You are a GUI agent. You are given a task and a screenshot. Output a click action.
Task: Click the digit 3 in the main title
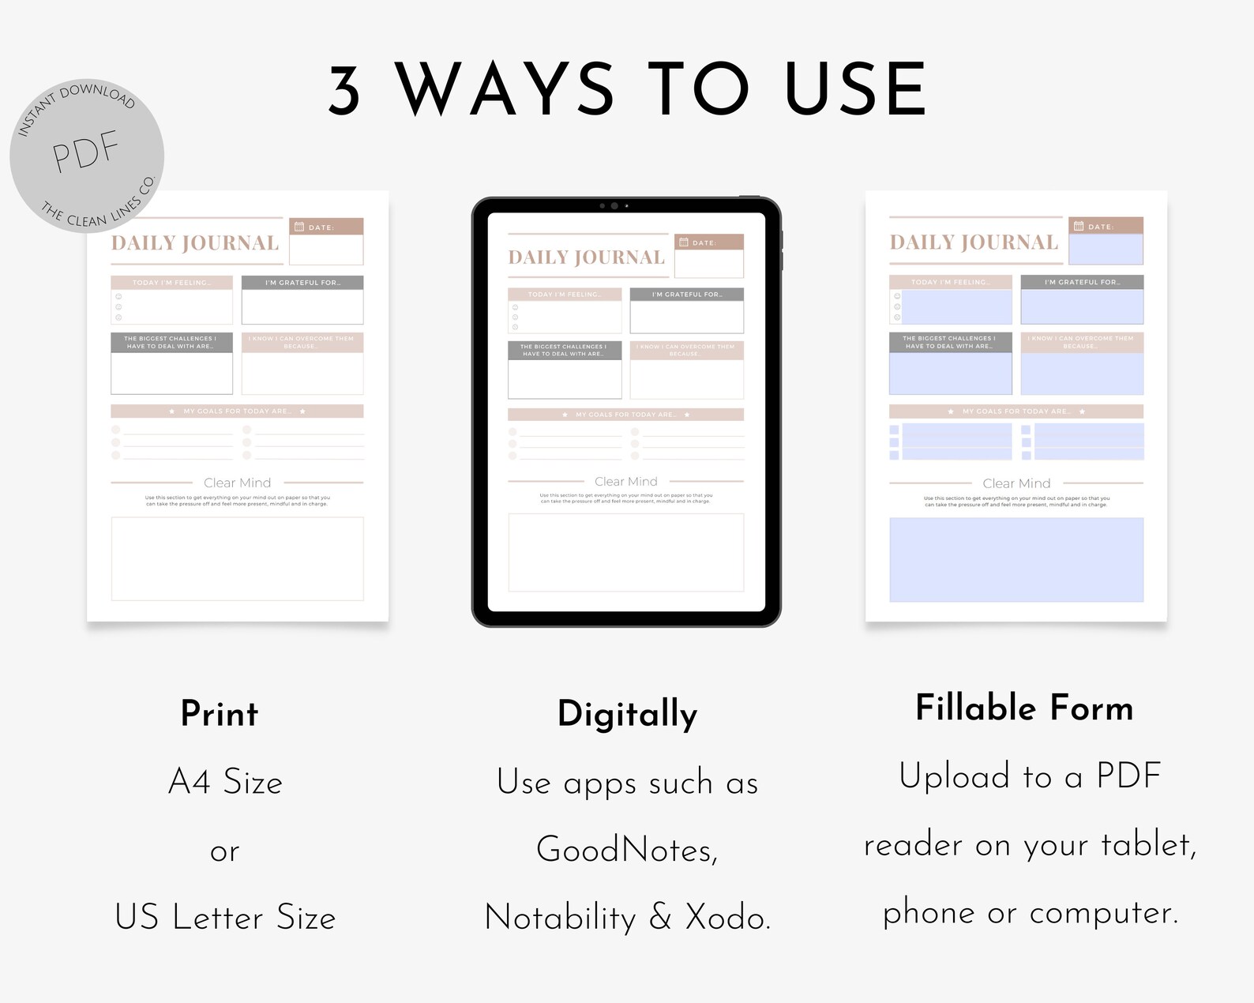(x=345, y=90)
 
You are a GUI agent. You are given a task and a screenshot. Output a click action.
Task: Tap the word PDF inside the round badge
(x=85, y=152)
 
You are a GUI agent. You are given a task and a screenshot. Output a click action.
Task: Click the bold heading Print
(x=219, y=714)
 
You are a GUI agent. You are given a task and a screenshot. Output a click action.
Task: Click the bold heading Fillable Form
(x=1023, y=708)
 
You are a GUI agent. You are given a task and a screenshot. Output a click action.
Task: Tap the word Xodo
(x=727, y=918)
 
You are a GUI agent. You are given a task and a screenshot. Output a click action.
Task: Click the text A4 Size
(x=225, y=782)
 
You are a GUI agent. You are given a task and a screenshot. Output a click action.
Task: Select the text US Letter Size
(x=225, y=918)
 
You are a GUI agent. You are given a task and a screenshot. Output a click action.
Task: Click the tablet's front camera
(x=614, y=205)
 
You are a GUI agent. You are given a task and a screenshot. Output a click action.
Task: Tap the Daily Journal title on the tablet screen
(x=586, y=257)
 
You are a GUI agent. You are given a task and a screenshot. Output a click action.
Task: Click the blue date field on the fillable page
(x=1106, y=249)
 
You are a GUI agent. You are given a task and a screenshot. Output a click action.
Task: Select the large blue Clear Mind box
(x=1016, y=559)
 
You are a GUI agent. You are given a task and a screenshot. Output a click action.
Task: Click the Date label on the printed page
(x=321, y=227)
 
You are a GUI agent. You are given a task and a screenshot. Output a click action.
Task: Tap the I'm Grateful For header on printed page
(x=302, y=283)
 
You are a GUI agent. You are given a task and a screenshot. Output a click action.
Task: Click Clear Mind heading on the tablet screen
(x=625, y=481)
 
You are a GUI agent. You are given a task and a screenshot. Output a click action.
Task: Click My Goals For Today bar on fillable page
(x=1016, y=411)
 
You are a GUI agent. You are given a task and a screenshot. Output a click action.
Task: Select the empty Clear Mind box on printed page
(x=237, y=558)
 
